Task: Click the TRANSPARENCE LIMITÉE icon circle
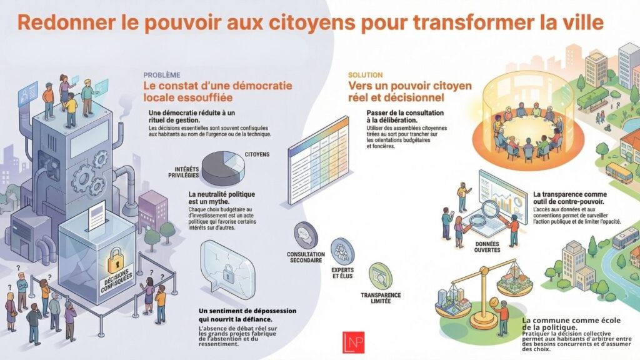point(380,275)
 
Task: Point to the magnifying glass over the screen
point(478,220)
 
